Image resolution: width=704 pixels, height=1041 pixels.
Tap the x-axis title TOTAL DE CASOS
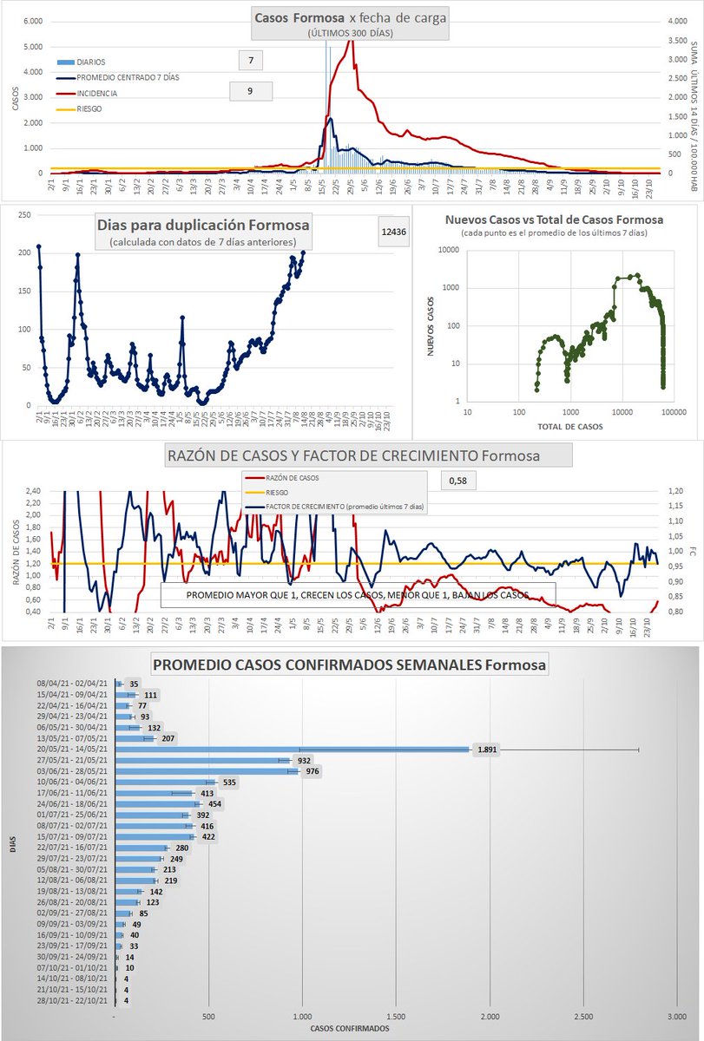tap(569, 426)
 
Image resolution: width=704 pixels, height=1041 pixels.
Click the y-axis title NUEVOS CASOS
tap(431, 326)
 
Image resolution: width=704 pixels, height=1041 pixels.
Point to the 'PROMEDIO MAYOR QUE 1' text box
tap(358, 595)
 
